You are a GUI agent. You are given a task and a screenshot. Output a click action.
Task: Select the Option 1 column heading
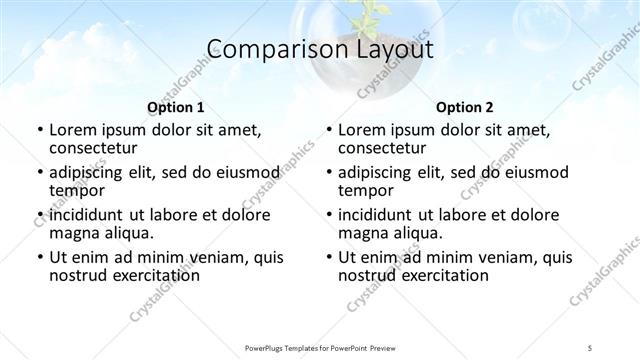[175, 106]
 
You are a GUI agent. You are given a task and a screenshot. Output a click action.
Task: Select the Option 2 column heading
[465, 106]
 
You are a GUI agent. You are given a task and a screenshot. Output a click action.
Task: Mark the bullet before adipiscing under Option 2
[330, 172]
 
